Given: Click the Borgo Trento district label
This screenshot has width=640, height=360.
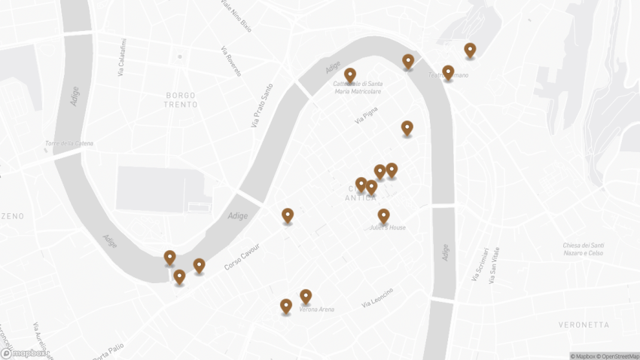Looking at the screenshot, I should coord(181,99).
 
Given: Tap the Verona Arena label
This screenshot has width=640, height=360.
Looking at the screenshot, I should coord(316,309).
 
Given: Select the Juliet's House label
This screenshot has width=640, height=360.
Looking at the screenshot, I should coord(387,227).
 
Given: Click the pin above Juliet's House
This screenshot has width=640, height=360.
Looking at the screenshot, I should coord(383,216).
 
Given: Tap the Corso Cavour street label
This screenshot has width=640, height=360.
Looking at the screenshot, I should coord(242,258).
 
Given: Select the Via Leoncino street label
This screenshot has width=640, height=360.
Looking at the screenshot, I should coord(377,297).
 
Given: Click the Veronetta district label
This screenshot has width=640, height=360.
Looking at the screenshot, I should coord(584,325).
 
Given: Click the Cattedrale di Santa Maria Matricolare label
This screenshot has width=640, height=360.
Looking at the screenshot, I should coord(358,87).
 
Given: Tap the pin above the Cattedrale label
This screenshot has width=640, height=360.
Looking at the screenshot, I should coord(350,75).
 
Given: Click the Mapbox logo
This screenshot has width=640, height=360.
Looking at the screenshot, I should coord(24,352).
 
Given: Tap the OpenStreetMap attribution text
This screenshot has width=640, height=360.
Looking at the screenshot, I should coord(617,355).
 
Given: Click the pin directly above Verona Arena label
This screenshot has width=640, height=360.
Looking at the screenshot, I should coord(306,296).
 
